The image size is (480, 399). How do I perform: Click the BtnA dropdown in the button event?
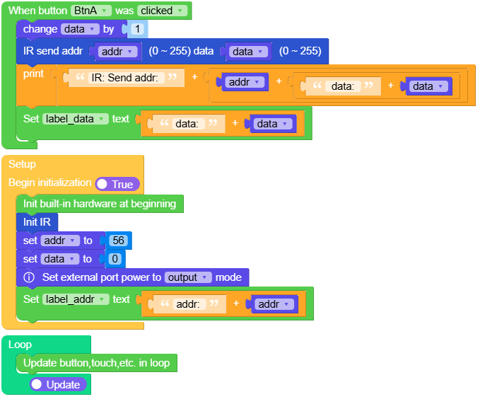[92, 11]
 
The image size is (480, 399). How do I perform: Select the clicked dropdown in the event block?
[163, 11]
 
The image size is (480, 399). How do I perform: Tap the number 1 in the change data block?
[136, 29]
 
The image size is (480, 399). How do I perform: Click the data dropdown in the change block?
[80, 29]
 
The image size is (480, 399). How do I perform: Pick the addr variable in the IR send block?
[117, 52]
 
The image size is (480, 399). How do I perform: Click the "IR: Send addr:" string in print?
[127, 78]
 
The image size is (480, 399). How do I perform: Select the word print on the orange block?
[33, 74]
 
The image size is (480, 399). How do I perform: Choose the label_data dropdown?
[75, 119]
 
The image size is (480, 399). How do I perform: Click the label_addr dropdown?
[75, 299]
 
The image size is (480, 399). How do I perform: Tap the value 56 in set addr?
[118, 241]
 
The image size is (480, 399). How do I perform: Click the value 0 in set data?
[115, 259]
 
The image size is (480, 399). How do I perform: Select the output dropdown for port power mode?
[188, 277]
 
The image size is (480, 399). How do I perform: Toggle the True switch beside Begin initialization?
[117, 184]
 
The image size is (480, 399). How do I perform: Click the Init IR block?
[37, 222]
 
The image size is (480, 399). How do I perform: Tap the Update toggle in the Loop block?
[58, 385]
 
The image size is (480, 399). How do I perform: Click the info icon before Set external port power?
[29, 277]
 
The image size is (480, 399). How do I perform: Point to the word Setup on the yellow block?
[22, 164]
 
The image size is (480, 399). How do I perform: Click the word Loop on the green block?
[20, 345]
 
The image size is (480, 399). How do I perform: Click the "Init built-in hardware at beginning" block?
[99, 204]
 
